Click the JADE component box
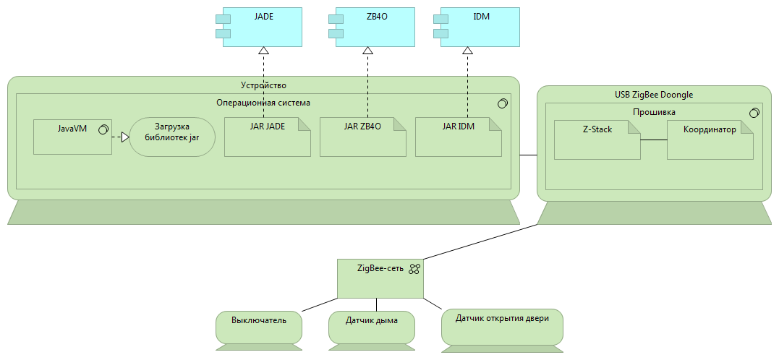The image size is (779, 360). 262,27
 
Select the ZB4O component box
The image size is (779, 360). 375,27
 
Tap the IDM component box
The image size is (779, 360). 480,27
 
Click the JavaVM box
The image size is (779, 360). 72,137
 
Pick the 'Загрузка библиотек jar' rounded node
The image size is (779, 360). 172,137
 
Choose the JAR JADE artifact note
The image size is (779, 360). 268,137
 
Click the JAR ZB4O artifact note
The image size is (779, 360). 362,137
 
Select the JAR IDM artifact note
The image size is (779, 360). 458,137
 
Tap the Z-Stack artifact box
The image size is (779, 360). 597,140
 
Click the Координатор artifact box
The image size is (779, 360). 710,140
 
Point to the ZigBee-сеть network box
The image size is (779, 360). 380,278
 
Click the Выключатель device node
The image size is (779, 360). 259,330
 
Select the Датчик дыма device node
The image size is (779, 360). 372,330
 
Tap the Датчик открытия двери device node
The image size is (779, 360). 502,330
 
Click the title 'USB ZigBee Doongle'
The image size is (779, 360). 654,95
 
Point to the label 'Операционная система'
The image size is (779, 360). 263,103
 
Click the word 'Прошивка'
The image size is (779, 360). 654,112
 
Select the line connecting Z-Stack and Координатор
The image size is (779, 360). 654,140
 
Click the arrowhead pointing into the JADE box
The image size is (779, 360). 263,50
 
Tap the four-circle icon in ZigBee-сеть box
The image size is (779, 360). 415,269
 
